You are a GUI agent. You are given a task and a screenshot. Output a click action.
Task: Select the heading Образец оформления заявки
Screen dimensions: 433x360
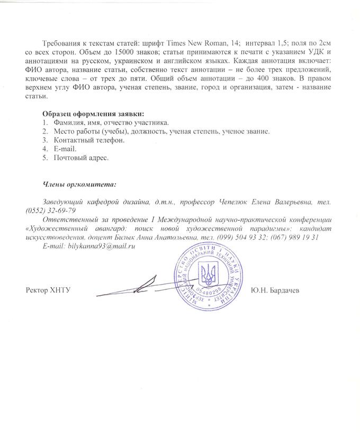93,113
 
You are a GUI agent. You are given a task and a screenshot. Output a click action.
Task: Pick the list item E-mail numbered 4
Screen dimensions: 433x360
65,149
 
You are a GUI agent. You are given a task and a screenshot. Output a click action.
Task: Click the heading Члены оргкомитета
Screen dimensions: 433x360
79,184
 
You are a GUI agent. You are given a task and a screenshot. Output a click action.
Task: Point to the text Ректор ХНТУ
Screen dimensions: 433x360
48,290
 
